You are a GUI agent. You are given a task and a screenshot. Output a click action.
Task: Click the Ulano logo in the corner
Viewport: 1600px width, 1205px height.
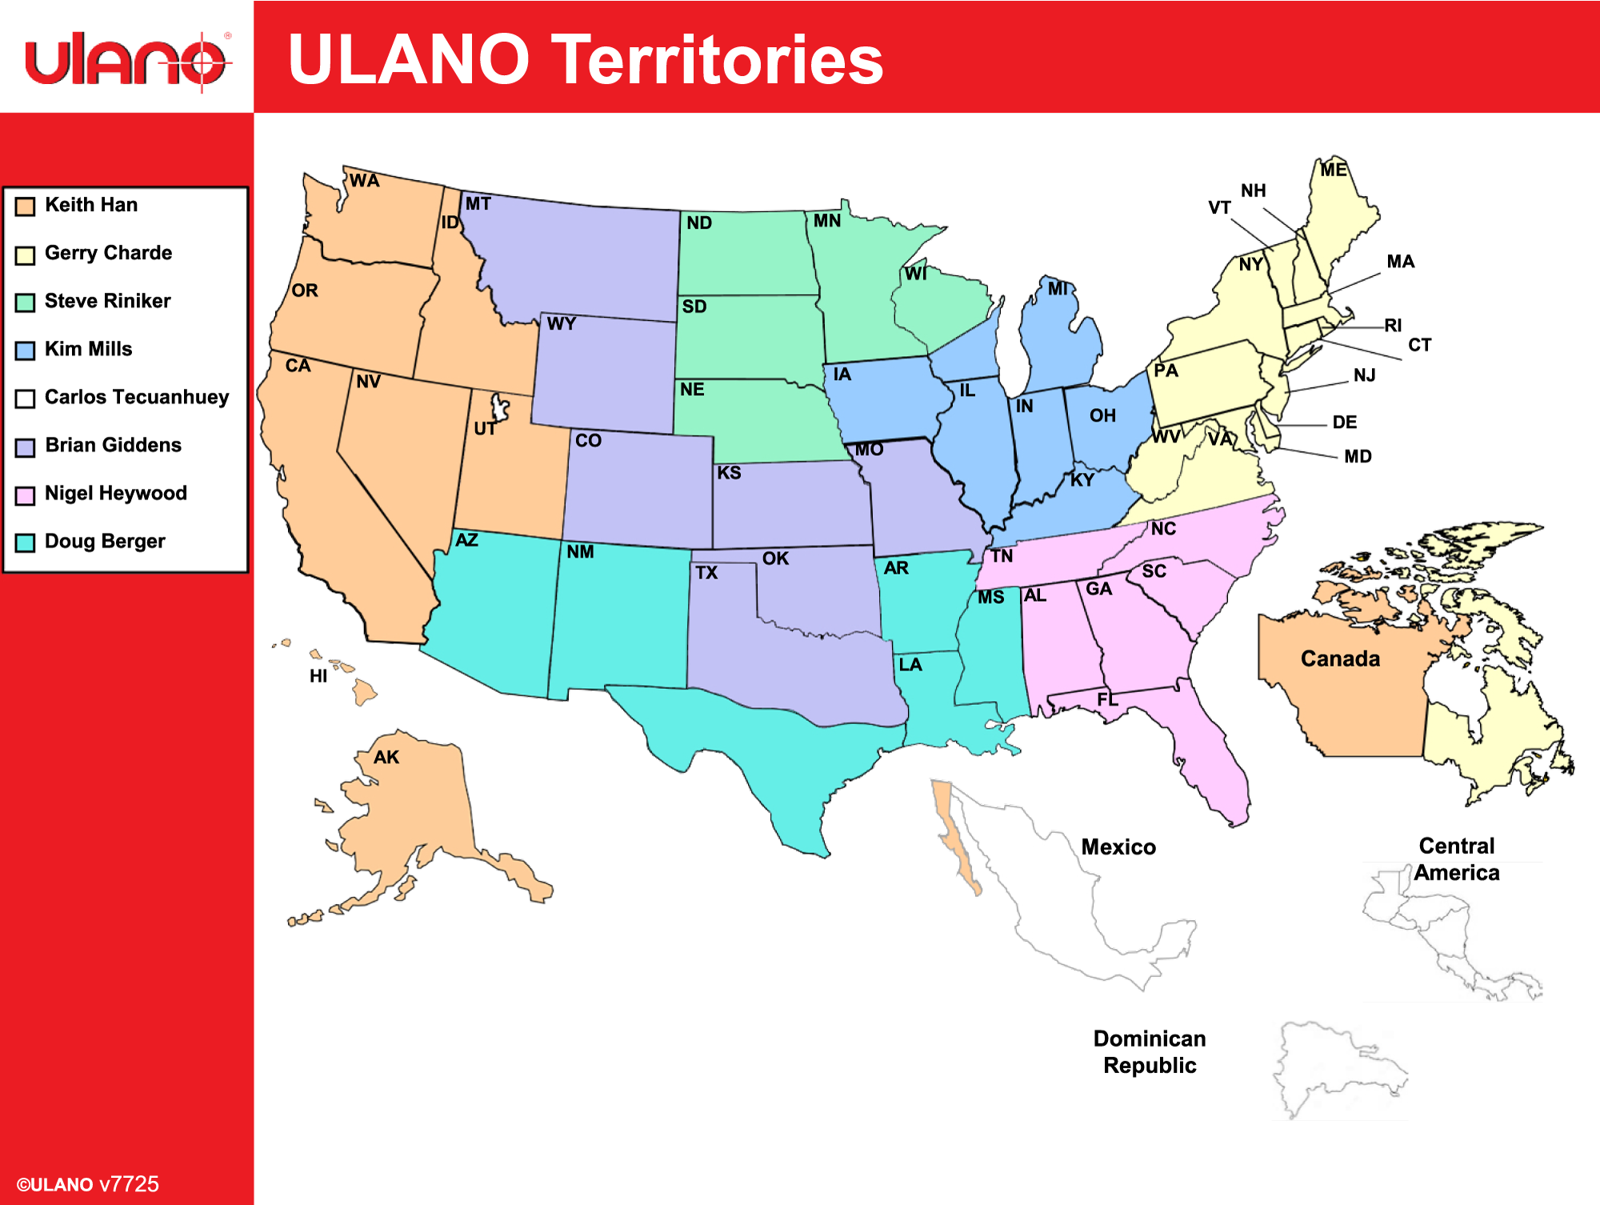(x=127, y=59)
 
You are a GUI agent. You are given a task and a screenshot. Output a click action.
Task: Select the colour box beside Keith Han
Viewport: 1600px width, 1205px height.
(x=26, y=206)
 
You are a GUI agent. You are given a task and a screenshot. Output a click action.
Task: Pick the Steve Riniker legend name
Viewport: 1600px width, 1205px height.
(x=107, y=301)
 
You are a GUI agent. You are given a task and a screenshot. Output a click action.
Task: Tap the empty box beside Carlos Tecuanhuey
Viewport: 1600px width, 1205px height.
(x=26, y=398)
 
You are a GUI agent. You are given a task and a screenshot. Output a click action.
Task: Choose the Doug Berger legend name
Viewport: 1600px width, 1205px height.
(x=105, y=541)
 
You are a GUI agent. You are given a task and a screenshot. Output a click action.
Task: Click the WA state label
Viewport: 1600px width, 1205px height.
(x=364, y=181)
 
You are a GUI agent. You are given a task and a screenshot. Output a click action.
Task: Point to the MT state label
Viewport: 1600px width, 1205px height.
(x=478, y=204)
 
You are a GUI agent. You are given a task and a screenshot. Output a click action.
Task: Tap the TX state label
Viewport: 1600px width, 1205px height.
(x=706, y=573)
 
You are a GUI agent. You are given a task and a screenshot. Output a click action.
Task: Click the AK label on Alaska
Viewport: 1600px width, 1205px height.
(x=386, y=757)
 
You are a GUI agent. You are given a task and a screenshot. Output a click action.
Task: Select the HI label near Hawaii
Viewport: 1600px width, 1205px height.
(x=318, y=676)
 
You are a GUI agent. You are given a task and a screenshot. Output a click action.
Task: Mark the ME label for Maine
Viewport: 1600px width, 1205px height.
(x=1333, y=170)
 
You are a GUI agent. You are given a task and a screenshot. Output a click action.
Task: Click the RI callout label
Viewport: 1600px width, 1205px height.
(x=1393, y=326)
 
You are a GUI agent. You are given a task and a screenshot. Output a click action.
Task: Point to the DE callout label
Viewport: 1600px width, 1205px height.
(x=1344, y=422)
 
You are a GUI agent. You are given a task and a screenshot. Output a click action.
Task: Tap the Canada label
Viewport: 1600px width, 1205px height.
(x=1340, y=659)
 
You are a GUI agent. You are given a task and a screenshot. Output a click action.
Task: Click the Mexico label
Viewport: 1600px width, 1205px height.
(x=1118, y=847)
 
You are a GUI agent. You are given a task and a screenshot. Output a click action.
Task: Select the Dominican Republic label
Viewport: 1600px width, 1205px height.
(x=1150, y=1052)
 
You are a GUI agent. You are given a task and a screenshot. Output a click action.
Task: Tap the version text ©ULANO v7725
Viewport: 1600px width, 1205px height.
(x=88, y=1184)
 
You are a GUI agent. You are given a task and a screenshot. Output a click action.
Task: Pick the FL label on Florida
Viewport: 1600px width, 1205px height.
(x=1107, y=700)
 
